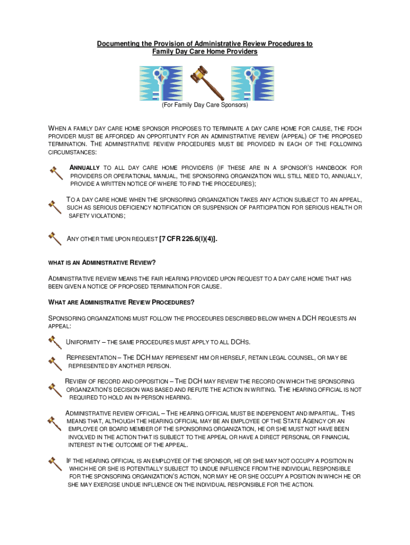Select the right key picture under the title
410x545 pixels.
pos(252,84)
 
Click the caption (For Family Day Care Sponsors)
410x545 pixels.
pos(205,105)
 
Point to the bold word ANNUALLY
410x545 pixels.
pos(85,168)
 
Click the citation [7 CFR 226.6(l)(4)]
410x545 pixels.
pos(188,239)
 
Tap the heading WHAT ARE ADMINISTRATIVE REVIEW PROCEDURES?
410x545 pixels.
pos(121,302)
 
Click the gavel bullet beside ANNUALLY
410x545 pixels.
pos(55,172)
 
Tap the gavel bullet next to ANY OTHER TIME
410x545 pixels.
pos(54,237)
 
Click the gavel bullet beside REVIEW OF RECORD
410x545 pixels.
pos(54,389)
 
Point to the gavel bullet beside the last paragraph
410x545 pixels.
pos(54,463)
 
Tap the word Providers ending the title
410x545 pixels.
pos(242,52)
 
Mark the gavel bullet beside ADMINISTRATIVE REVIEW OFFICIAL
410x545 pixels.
pos(54,423)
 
